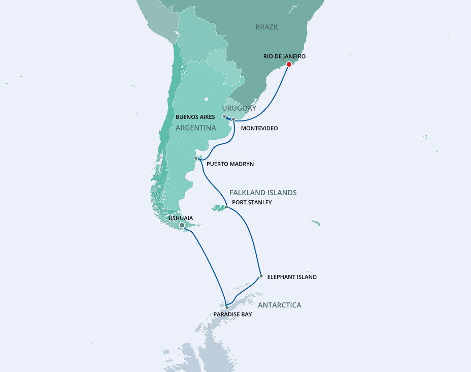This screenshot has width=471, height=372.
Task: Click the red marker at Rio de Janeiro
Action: click(x=289, y=64)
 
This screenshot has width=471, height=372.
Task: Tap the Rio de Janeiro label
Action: click(x=284, y=56)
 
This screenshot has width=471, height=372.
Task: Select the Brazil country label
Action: click(x=267, y=27)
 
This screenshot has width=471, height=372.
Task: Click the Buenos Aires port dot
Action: click(x=224, y=116)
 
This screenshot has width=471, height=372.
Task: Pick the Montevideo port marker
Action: click(x=233, y=119)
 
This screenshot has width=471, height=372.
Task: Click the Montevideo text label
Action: click(x=259, y=129)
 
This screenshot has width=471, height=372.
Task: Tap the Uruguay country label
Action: click(x=239, y=108)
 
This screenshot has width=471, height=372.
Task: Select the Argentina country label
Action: click(x=196, y=128)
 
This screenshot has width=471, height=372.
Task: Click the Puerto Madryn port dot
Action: click(x=196, y=159)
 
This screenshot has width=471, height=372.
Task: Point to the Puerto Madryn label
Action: click(x=230, y=164)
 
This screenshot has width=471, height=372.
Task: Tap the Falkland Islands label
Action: click(x=263, y=193)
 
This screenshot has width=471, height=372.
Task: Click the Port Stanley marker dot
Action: click(x=226, y=207)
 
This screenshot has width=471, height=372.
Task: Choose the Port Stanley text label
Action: click(x=251, y=202)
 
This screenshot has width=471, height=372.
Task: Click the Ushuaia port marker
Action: click(x=182, y=225)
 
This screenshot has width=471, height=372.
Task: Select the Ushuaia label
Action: click(x=180, y=218)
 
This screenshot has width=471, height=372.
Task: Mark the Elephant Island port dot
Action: click(x=261, y=276)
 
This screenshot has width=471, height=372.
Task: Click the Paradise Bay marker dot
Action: click(x=227, y=307)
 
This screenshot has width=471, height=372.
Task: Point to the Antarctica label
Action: click(x=279, y=305)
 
